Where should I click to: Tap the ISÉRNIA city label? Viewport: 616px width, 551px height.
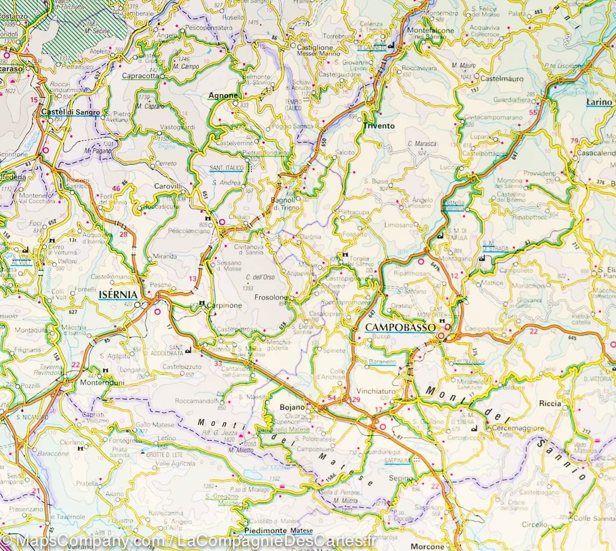coord(118,295)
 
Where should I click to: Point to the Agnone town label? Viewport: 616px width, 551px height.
coord(223,96)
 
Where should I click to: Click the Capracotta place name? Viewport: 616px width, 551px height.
coord(140,76)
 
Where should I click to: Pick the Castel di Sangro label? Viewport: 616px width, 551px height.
coord(70,111)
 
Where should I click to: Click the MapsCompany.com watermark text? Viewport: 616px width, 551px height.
coord(82,541)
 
